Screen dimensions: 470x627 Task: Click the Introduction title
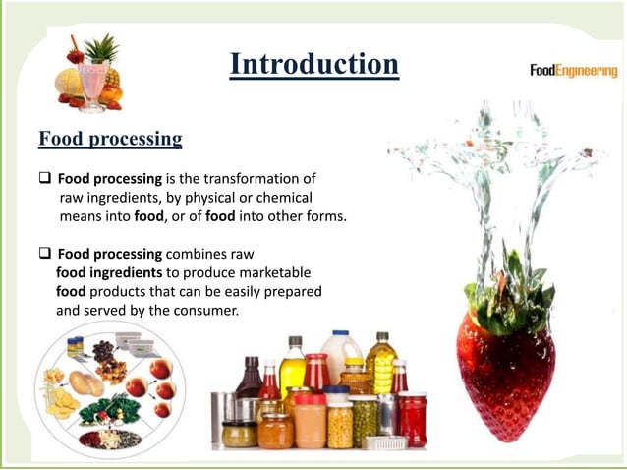pos(313,65)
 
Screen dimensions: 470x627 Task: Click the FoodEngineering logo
pos(573,71)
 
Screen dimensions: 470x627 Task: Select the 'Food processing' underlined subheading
pos(110,139)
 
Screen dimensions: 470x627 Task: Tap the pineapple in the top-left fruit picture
pos(102,59)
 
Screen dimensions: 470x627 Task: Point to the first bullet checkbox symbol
pos(45,179)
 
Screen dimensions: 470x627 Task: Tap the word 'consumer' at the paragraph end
pos(207,310)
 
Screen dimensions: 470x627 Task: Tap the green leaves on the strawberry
pos(510,284)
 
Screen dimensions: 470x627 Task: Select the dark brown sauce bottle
pos(249,380)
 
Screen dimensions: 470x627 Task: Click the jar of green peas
pos(365,421)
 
